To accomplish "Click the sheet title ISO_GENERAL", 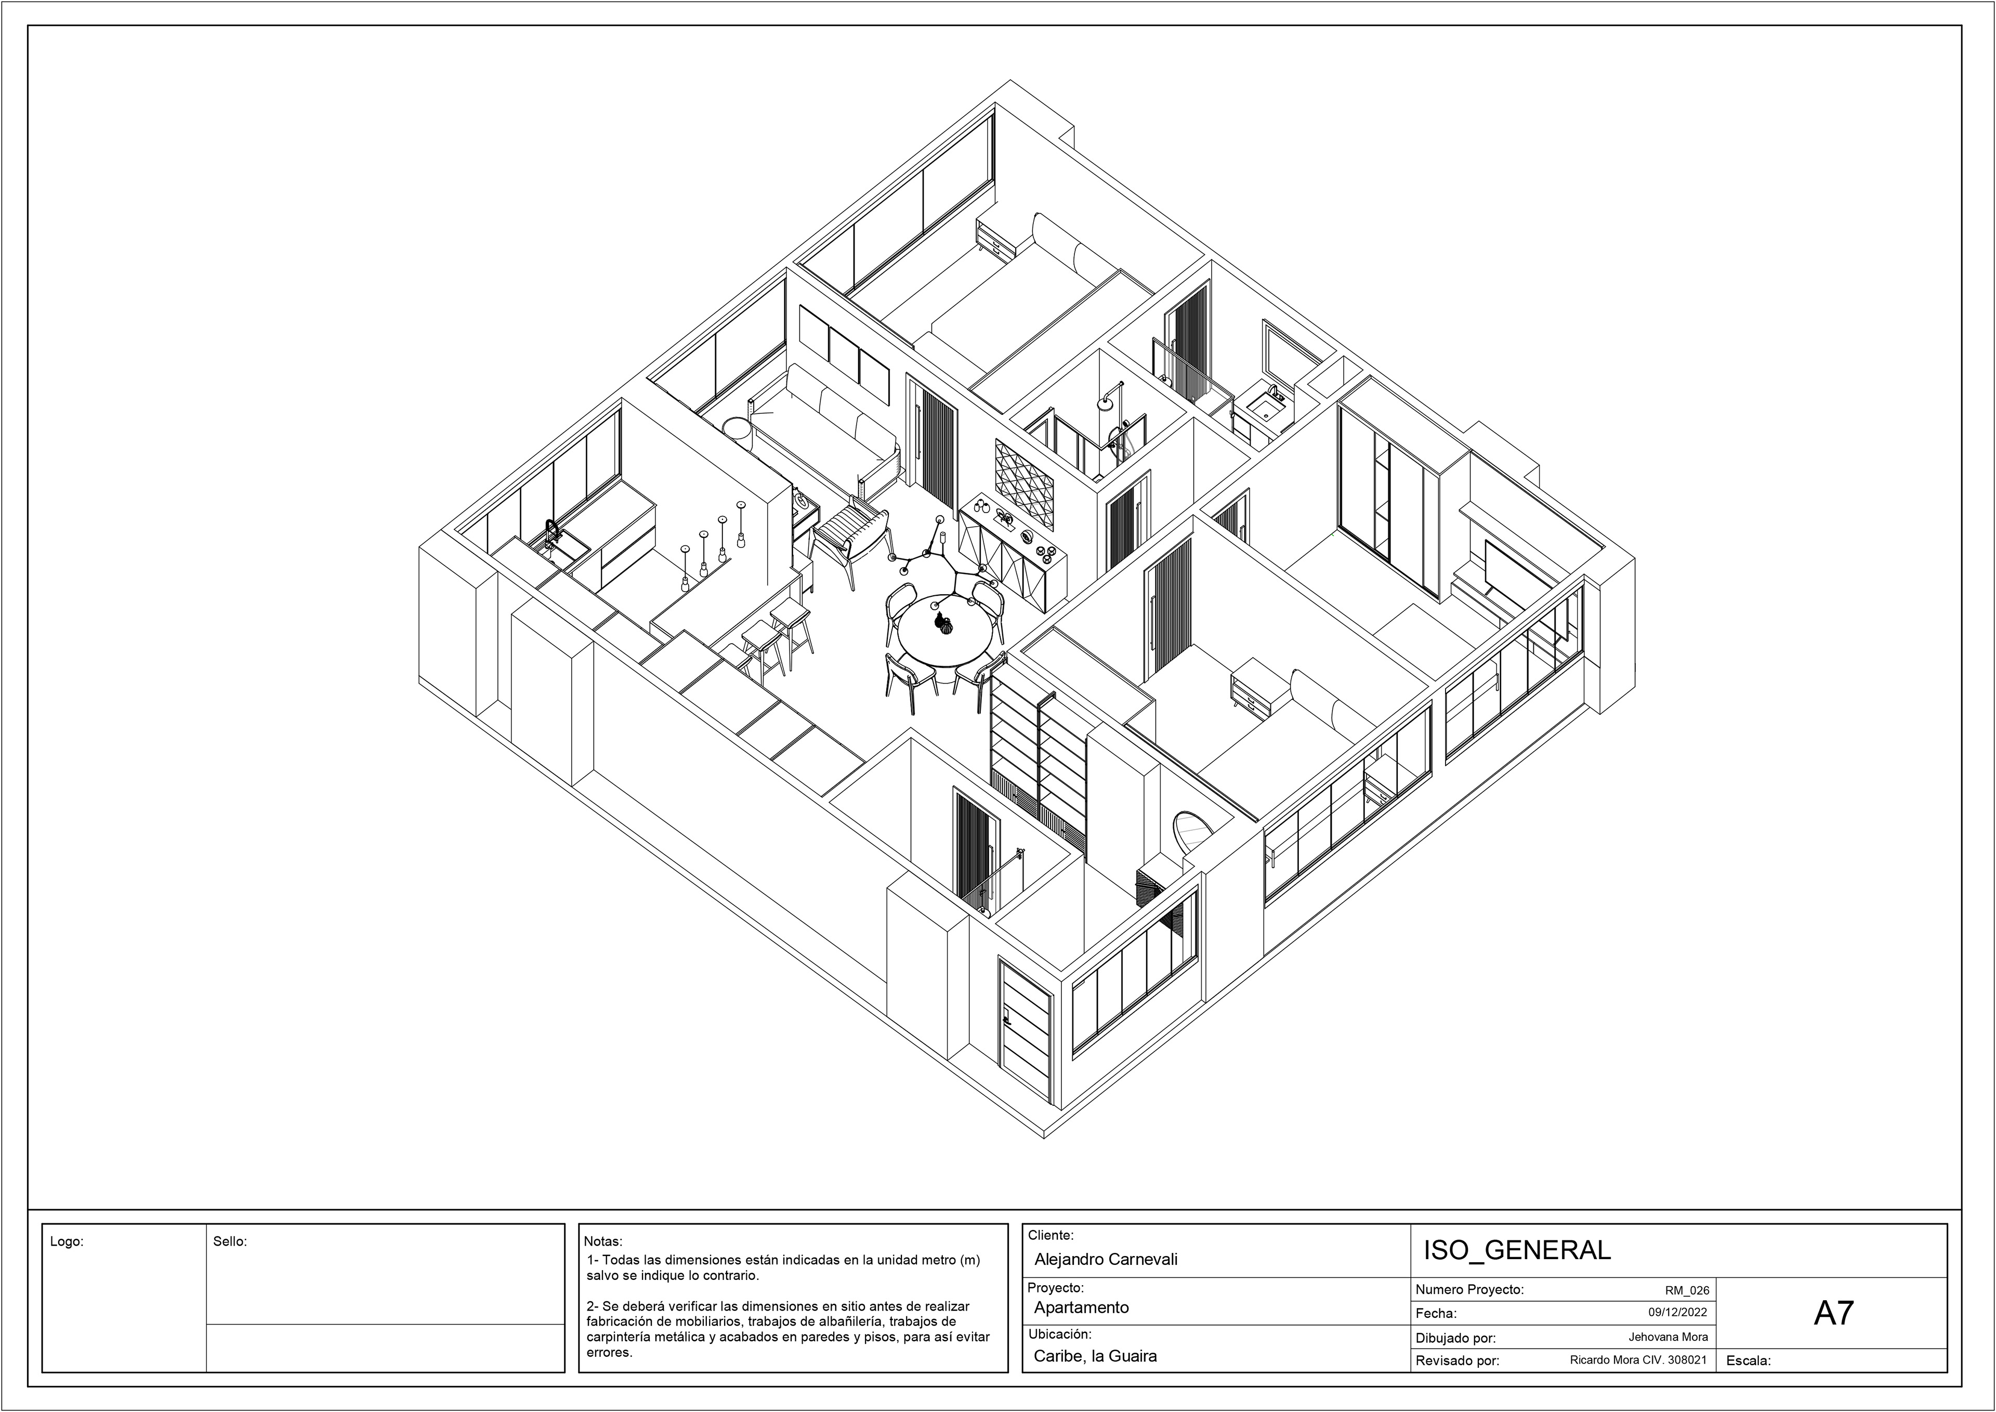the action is pyautogui.click(x=1516, y=1250).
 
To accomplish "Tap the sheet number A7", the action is pyautogui.click(x=1833, y=1313).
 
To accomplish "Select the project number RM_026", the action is pyautogui.click(x=1687, y=1291).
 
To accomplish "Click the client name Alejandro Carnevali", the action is pyautogui.click(x=1106, y=1259).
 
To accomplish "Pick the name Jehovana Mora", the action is pyautogui.click(x=1668, y=1337).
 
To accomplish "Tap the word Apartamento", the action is pyautogui.click(x=1082, y=1308).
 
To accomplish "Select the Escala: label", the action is pyautogui.click(x=1748, y=1361).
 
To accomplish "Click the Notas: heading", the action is pyautogui.click(x=603, y=1241).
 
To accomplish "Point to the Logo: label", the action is pyautogui.click(x=67, y=1241).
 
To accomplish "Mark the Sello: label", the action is pyautogui.click(x=230, y=1241).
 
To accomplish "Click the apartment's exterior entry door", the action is pyautogui.click(x=1027, y=1029).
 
